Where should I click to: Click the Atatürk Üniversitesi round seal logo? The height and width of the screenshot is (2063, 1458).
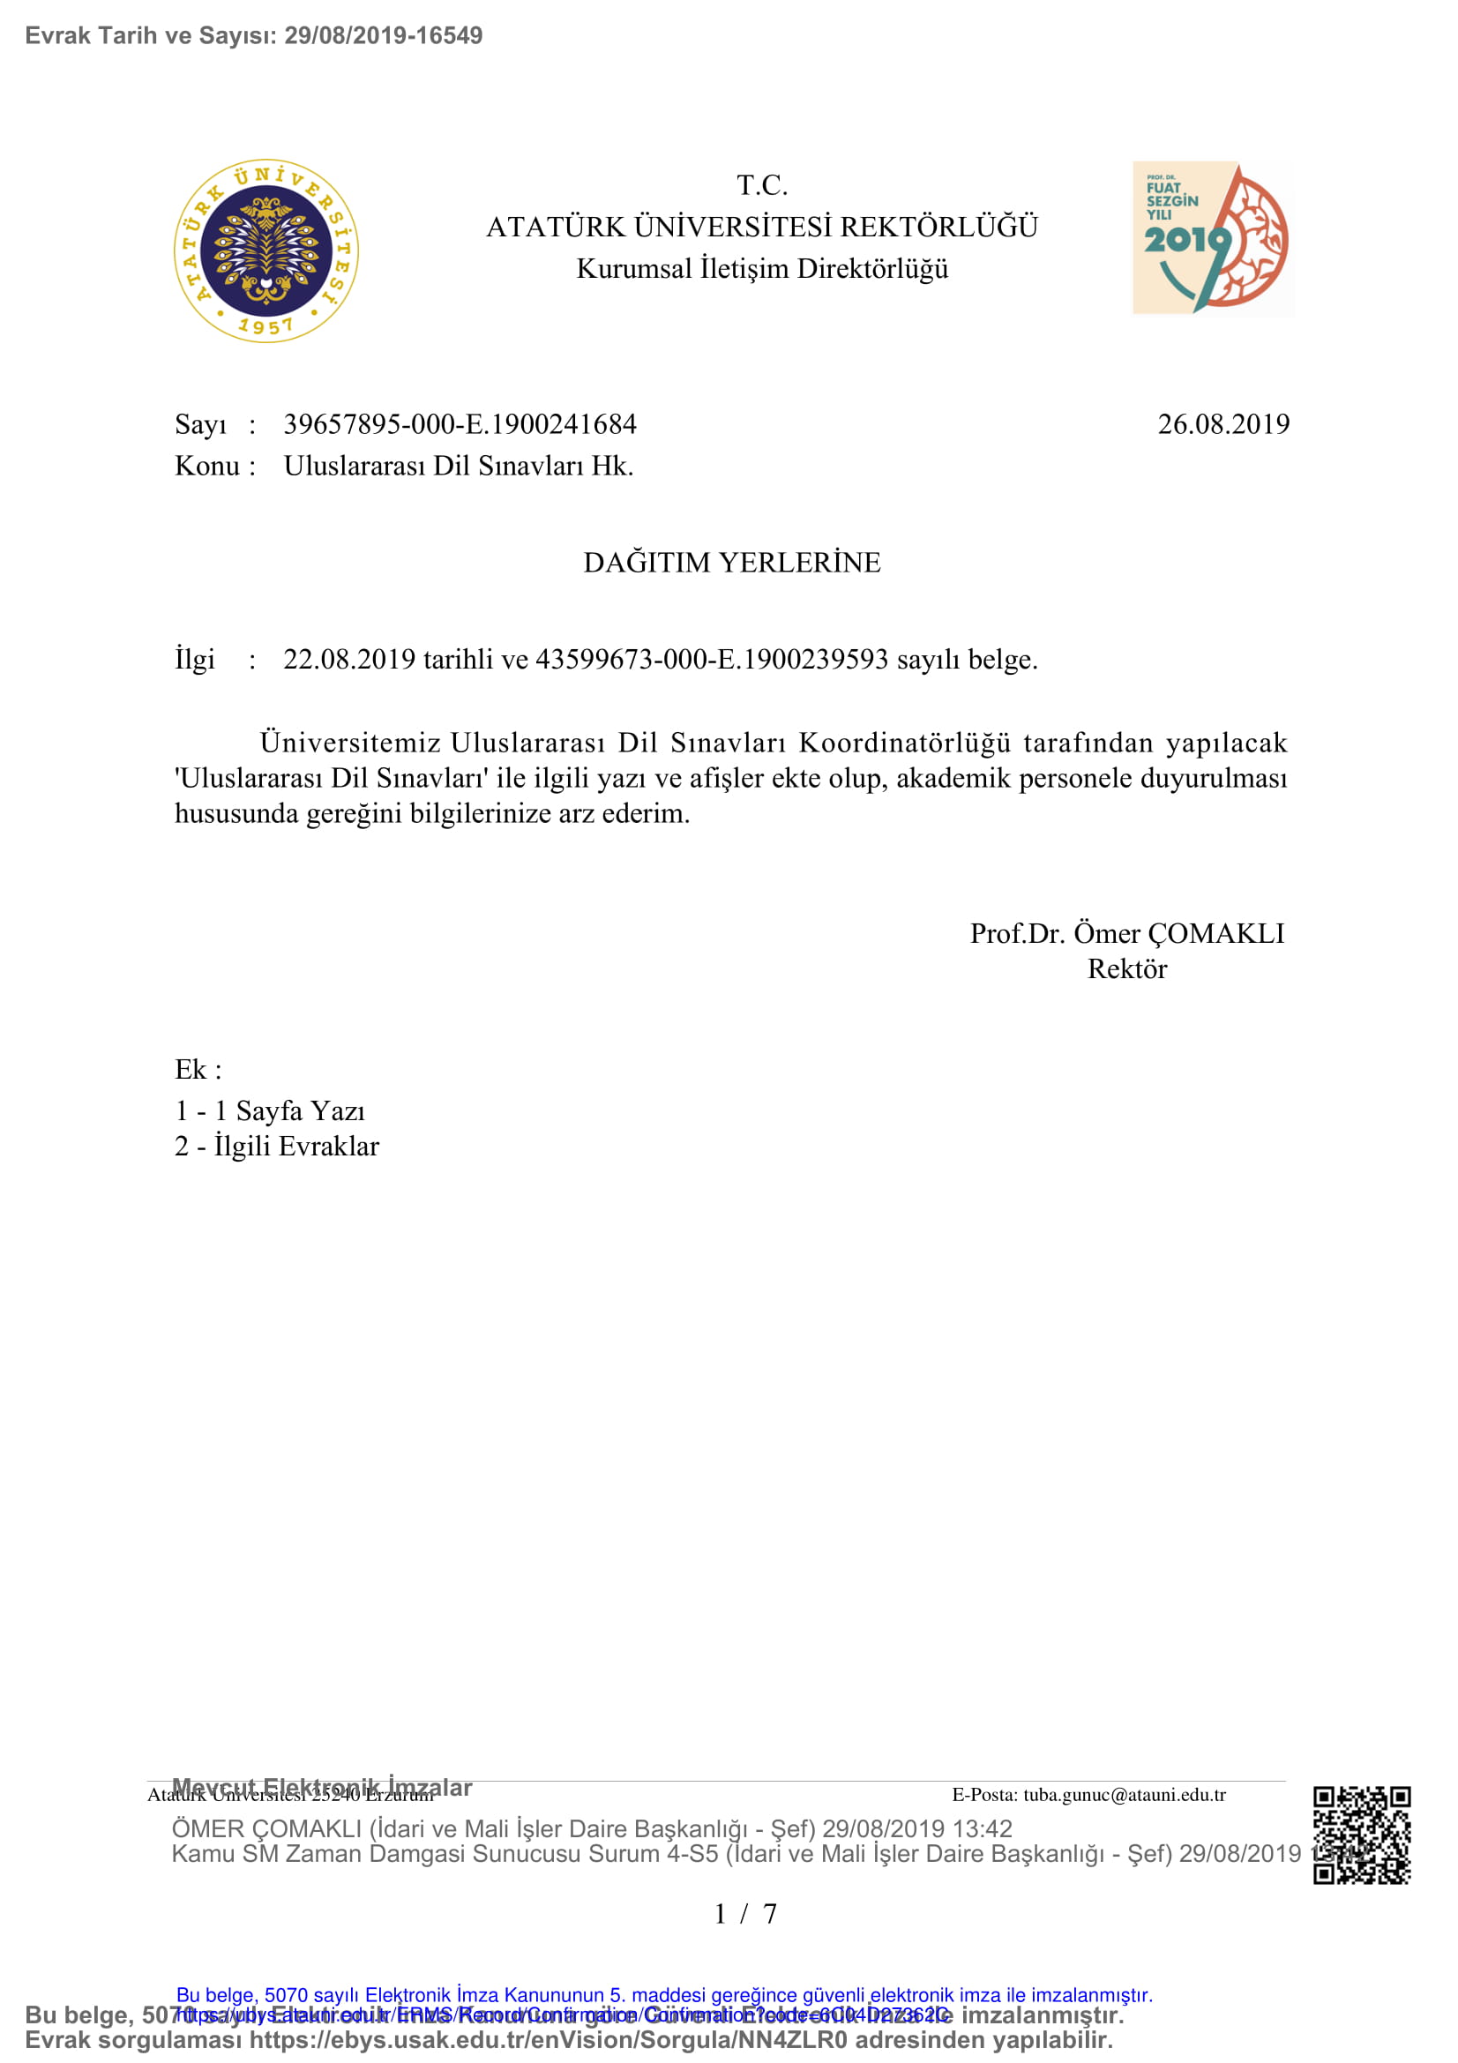pyautogui.click(x=265, y=251)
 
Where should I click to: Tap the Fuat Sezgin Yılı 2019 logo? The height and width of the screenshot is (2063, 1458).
pyautogui.click(x=1212, y=238)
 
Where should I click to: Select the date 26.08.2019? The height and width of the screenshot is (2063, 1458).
pyautogui.click(x=1222, y=424)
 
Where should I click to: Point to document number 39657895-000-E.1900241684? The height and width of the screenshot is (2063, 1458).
pyautogui.click(x=460, y=424)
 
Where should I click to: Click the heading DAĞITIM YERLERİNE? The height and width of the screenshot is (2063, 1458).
pyautogui.click(x=732, y=563)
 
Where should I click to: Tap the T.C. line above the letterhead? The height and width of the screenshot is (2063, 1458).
pyautogui.click(x=762, y=185)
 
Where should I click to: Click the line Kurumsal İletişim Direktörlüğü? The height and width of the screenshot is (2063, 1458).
pyautogui.click(x=762, y=269)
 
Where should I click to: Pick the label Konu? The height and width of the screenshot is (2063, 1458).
pyautogui.click(x=206, y=466)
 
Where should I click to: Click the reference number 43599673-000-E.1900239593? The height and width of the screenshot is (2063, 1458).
pyautogui.click(x=712, y=660)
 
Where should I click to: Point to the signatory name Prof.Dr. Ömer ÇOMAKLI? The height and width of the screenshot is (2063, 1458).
pyautogui.click(x=1126, y=933)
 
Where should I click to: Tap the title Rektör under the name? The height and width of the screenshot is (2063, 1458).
pyautogui.click(x=1126, y=968)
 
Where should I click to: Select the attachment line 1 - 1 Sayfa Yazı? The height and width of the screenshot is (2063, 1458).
pyautogui.click(x=270, y=1111)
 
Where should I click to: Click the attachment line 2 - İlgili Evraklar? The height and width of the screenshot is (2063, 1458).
pyautogui.click(x=277, y=1147)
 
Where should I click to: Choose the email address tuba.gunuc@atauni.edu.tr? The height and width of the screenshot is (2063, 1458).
pyautogui.click(x=1124, y=1795)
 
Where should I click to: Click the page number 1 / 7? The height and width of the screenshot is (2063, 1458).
pyautogui.click(x=744, y=1914)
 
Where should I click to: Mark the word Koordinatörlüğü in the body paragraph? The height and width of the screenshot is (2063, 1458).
pyautogui.click(x=905, y=743)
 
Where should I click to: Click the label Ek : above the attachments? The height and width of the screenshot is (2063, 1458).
pyautogui.click(x=198, y=1069)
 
